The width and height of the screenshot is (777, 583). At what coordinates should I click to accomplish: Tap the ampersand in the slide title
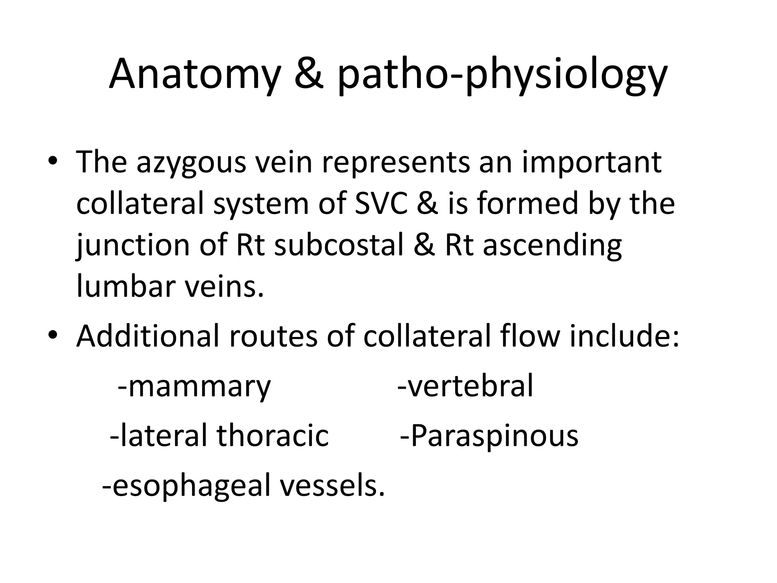point(309,74)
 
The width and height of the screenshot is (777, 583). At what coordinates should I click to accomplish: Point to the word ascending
point(552,246)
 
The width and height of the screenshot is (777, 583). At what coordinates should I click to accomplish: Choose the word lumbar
point(125,287)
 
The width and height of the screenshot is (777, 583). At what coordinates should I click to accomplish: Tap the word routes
point(273,337)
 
